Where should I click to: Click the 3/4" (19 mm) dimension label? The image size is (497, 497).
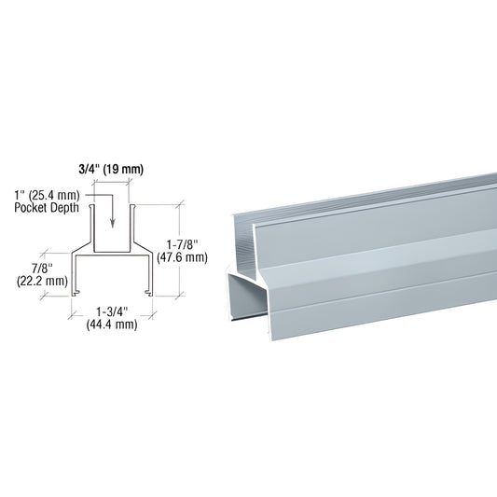(111, 170)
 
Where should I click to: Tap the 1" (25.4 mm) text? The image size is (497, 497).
(47, 196)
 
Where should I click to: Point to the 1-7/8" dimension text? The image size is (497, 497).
(183, 245)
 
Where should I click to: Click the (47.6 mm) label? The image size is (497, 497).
(182, 257)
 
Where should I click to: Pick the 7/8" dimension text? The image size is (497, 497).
(42, 269)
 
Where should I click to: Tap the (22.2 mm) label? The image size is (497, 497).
(42, 281)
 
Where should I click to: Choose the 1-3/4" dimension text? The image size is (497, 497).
(112, 312)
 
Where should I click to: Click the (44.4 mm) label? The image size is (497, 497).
(112, 324)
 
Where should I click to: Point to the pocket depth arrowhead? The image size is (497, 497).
(112, 224)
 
